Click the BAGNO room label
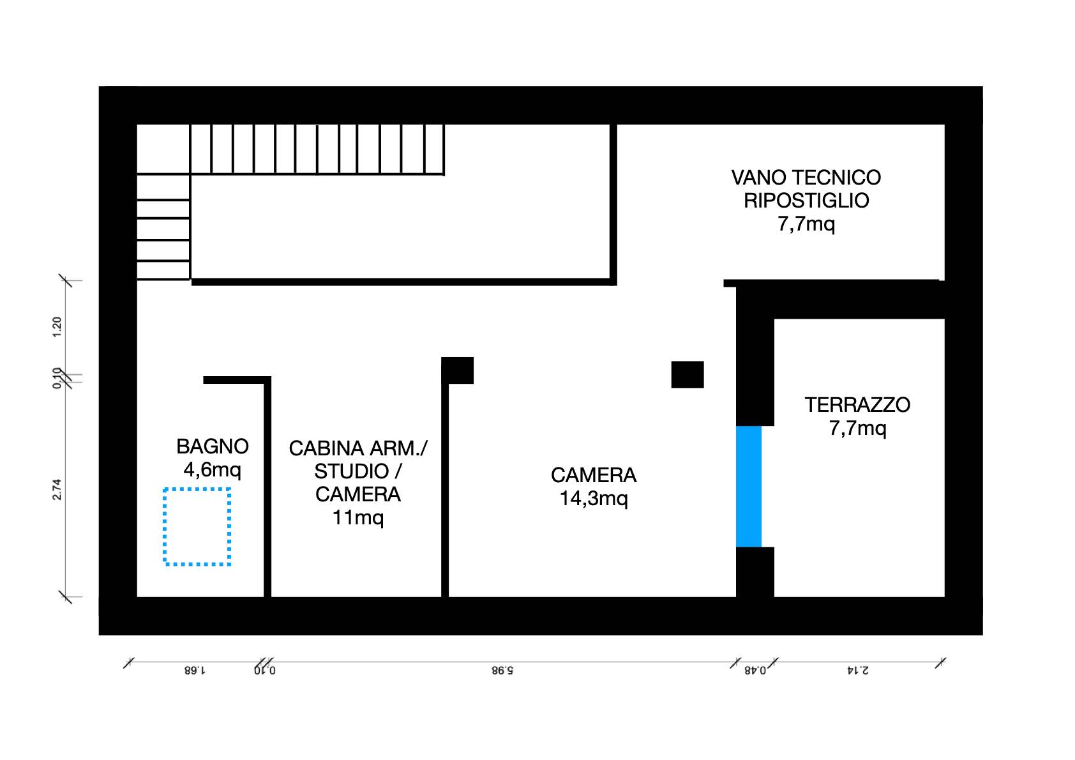[x=212, y=446]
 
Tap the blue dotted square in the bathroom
[x=197, y=527]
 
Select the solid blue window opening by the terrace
[x=748, y=486]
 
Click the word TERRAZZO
[x=857, y=405]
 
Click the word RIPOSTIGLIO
[x=806, y=201]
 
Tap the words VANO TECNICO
[x=806, y=178]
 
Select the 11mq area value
[x=357, y=517]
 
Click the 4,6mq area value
[x=212, y=471]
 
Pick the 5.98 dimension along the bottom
[x=502, y=671]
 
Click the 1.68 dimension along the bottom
[x=195, y=671]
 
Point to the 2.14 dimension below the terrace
[x=857, y=671]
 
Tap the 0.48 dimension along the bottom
[x=755, y=671]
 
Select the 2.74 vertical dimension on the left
[x=57, y=489]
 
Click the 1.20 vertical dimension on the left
[x=57, y=327]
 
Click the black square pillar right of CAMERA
[x=687, y=375]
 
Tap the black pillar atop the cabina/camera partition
[x=458, y=370]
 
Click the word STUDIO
[x=351, y=471]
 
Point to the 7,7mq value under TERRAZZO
[x=857, y=428]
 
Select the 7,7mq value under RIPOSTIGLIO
[x=806, y=224]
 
